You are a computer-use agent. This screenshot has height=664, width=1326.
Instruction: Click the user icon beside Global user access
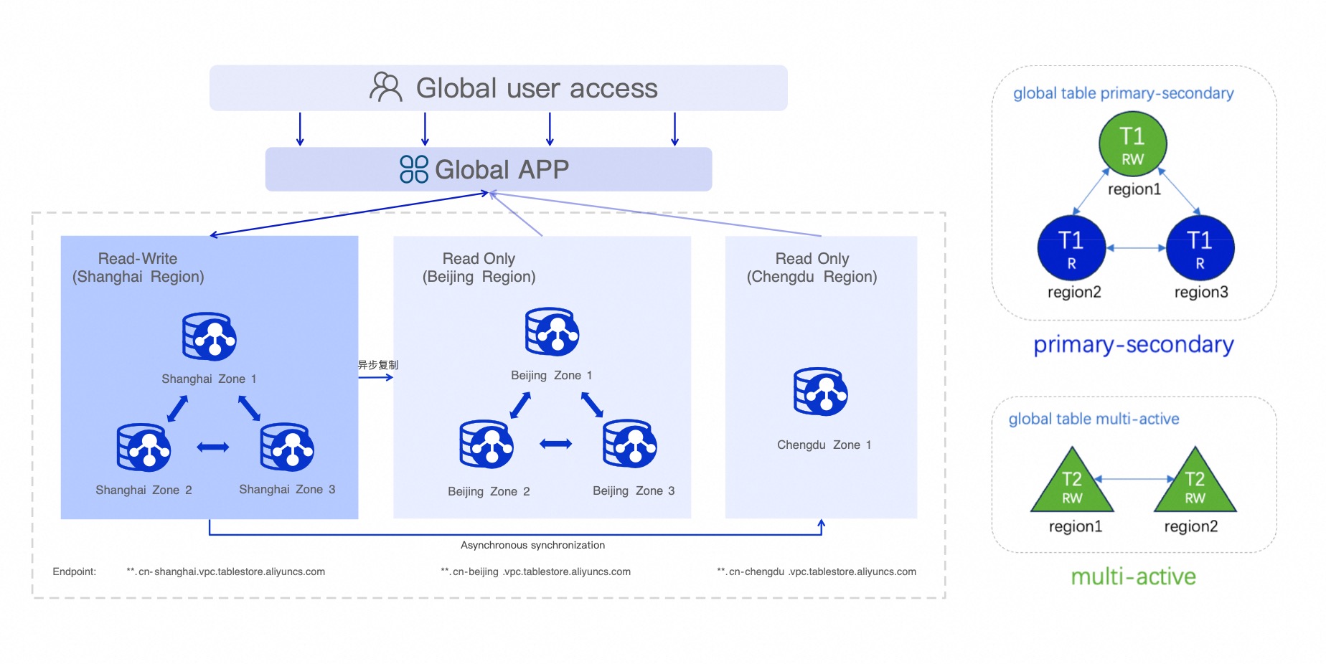click(385, 87)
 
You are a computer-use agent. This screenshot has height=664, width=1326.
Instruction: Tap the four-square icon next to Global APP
click(414, 169)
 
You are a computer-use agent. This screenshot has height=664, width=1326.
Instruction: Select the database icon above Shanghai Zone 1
click(210, 336)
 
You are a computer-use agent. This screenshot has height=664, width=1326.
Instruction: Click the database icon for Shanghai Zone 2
click(144, 447)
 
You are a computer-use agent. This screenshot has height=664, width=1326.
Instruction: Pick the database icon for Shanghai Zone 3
click(287, 447)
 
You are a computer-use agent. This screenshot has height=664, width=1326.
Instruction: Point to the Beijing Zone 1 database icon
click(552, 332)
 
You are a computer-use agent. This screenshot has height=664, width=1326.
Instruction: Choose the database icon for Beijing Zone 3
click(630, 444)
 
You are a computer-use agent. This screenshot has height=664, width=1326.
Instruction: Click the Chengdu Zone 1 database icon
click(821, 392)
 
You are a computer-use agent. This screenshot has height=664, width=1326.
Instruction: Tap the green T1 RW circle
click(1133, 144)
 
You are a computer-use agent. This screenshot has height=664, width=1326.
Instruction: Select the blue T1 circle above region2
click(1071, 248)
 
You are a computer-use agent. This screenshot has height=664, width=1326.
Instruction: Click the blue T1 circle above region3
click(1200, 248)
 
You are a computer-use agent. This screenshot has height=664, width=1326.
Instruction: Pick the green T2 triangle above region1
click(1072, 480)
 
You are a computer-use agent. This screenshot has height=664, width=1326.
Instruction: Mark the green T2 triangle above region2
click(1195, 480)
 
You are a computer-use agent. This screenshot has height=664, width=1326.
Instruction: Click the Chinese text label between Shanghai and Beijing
click(378, 365)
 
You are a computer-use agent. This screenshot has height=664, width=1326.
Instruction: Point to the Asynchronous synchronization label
click(532, 545)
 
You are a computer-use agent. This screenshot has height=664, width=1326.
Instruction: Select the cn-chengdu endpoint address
click(817, 571)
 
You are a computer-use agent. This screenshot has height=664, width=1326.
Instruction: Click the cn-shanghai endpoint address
click(226, 571)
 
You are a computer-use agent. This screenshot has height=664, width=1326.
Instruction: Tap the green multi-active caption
click(1133, 577)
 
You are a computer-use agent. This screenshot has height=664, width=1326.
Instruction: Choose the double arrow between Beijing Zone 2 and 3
click(556, 444)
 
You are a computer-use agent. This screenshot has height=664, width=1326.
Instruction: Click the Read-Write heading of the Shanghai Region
click(138, 258)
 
